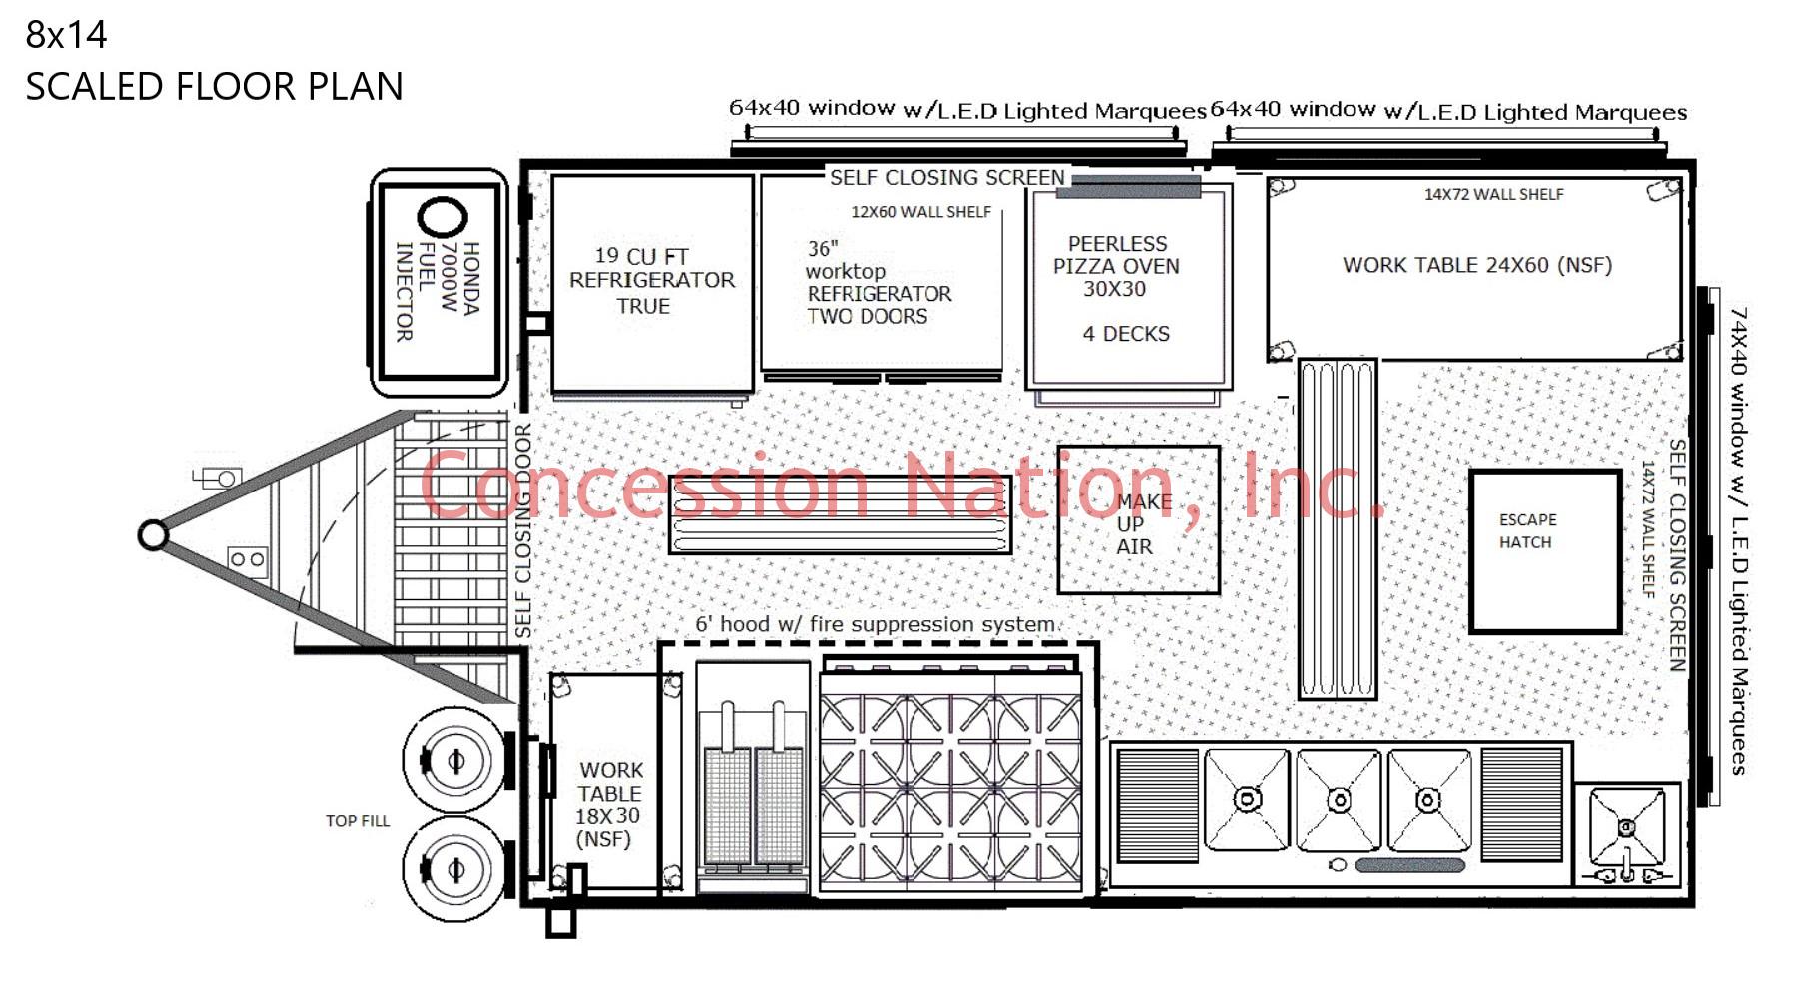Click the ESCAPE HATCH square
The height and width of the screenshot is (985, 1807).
coord(1544,551)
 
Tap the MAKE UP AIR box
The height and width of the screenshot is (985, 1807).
coord(1138,520)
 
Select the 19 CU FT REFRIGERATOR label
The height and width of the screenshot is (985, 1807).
coord(651,281)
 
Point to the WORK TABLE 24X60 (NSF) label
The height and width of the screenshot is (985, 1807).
coord(1476,265)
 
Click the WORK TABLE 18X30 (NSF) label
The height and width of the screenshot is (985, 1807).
coord(608,804)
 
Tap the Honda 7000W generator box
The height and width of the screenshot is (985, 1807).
coord(440,283)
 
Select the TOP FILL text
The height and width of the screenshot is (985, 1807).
coord(357,821)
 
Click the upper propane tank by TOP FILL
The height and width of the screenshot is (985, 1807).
coord(455,761)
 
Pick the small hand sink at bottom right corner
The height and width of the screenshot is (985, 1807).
coord(1627,829)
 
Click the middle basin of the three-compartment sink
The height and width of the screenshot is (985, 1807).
coord(1339,800)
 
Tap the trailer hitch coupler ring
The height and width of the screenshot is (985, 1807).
coord(153,535)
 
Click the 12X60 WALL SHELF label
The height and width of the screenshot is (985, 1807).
coord(920,212)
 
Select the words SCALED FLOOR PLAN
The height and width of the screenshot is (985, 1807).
coord(214,87)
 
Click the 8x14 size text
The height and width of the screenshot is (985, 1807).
coord(66,35)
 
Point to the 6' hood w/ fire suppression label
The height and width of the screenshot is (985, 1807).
coord(875,625)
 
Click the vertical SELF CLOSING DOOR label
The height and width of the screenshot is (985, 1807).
coord(523,531)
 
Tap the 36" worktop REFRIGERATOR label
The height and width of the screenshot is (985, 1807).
coord(878,283)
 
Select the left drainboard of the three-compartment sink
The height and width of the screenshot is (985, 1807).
coord(1157,805)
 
